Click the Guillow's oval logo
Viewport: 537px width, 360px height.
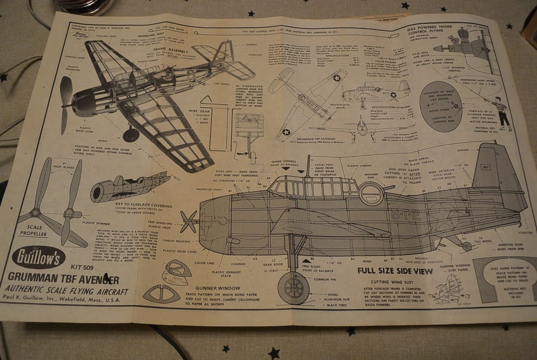(39, 256)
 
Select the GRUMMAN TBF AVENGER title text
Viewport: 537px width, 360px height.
(63, 278)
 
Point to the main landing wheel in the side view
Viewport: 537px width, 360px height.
(294, 287)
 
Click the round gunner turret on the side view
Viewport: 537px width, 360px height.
(371, 194)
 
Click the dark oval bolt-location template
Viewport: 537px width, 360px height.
(441, 106)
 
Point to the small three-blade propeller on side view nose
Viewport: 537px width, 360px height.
(189, 222)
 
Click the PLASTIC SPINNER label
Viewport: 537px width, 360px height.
(96, 222)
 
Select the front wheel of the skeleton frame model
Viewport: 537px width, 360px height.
(131, 134)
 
